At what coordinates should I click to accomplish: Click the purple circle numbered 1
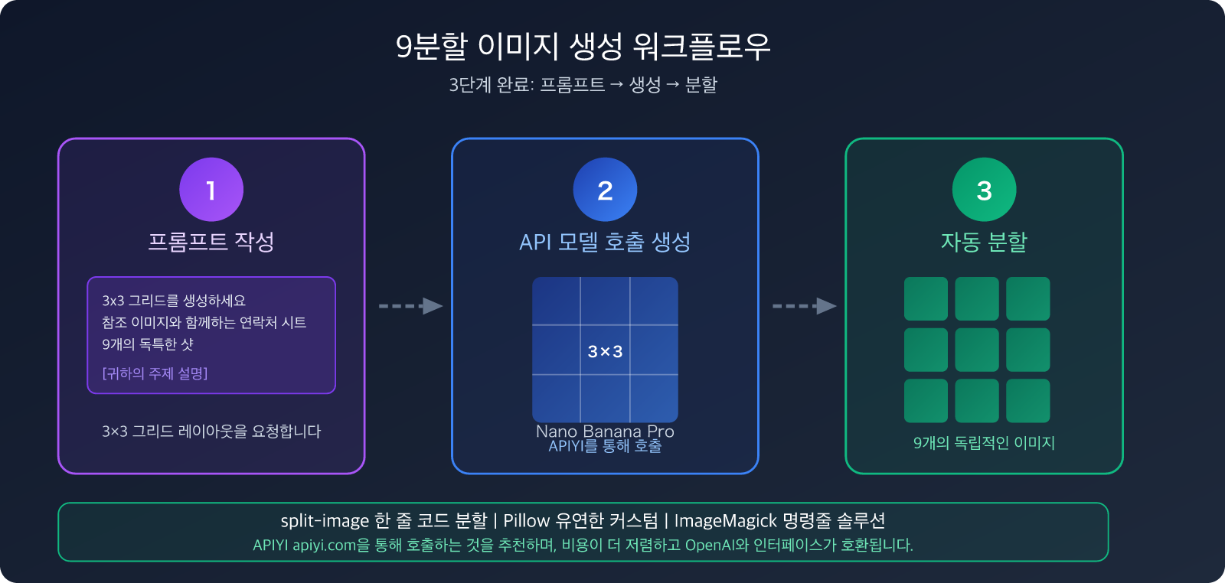tap(211, 190)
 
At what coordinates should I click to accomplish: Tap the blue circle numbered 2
tap(605, 190)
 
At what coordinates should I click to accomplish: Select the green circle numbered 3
tap(984, 190)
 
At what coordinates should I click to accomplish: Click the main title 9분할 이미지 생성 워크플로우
tap(583, 47)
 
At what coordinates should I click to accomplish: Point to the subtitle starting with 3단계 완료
tap(583, 85)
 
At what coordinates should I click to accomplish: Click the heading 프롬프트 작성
tap(211, 242)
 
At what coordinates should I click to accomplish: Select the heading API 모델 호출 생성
tap(605, 242)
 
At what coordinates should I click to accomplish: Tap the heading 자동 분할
tap(984, 242)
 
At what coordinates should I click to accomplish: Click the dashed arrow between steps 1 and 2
tap(410, 306)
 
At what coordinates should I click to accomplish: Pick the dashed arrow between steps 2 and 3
tap(804, 306)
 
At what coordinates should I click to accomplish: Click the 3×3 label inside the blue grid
tap(605, 351)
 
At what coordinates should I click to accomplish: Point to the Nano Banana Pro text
tap(605, 432)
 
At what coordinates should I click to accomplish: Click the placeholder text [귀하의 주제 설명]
tap(155, 373)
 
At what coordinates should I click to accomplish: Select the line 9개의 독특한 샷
tap(148, 344)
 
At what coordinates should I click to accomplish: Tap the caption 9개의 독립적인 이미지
tap(984, 443)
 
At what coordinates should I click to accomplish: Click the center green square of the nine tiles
tap(977, 350)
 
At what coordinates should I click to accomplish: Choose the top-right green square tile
tap(1027, 298)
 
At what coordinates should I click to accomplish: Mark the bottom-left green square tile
tap(926, 401)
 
